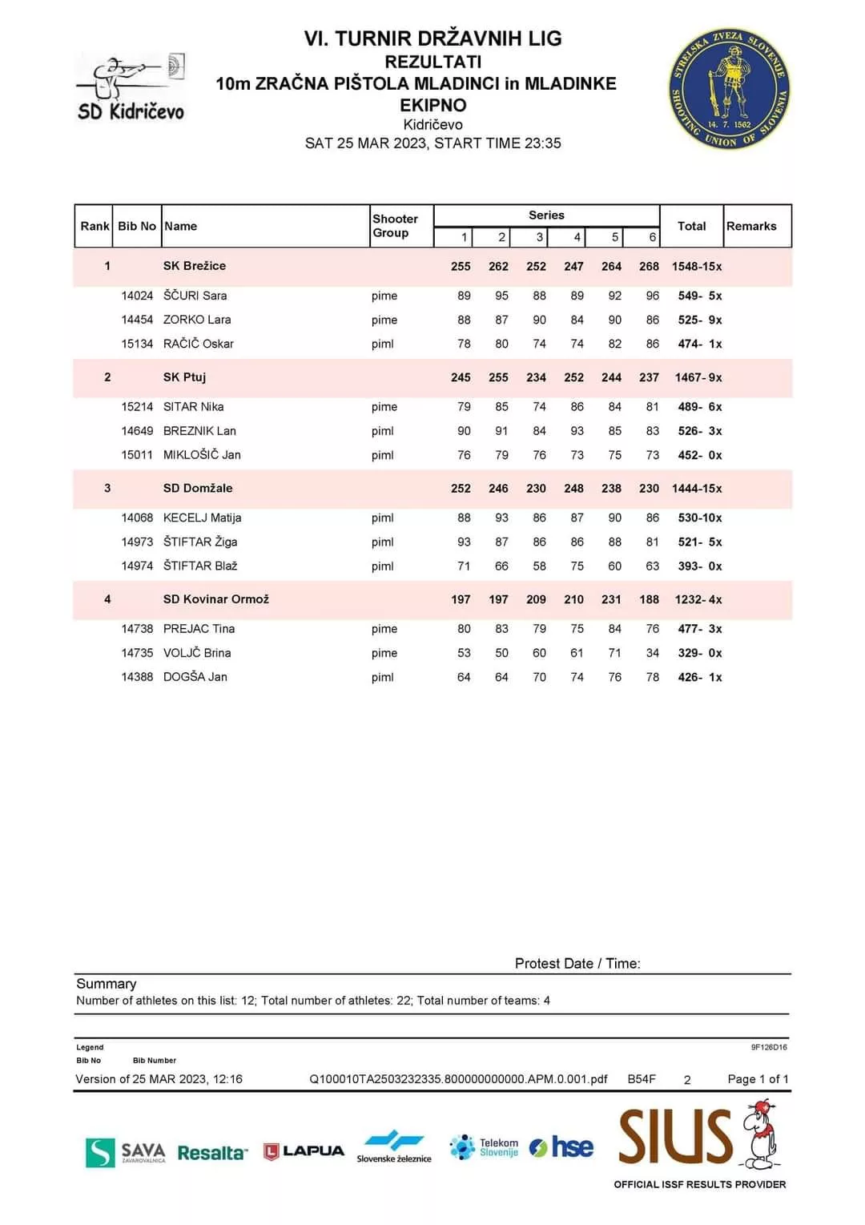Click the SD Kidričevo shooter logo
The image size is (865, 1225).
coord(131,88)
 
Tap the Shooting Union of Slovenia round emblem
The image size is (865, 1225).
coord(729,90)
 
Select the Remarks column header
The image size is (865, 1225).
coord(751,226)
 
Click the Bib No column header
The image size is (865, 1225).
coord(137,226)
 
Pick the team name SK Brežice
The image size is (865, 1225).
coord(195,266)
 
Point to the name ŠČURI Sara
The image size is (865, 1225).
coord(195,296)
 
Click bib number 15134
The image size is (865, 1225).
coord(137,344)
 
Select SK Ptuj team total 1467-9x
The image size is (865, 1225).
coord(698,377)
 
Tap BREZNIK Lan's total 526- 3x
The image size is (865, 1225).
coord(699,431)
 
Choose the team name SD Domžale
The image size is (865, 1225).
coord(198,488)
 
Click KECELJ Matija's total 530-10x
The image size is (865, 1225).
coord(699,518)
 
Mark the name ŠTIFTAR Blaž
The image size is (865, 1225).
coord(200,566)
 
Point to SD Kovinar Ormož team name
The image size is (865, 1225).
coord(216,599)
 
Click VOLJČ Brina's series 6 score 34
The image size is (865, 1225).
coord(652,653)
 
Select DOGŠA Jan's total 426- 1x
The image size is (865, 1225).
coord(699,677)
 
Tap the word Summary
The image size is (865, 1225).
coord(107,984)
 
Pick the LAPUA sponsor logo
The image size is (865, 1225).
coord(304,1151)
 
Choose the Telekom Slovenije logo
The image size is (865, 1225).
coord(485,1147)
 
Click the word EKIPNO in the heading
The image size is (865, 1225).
coord(432,105)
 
